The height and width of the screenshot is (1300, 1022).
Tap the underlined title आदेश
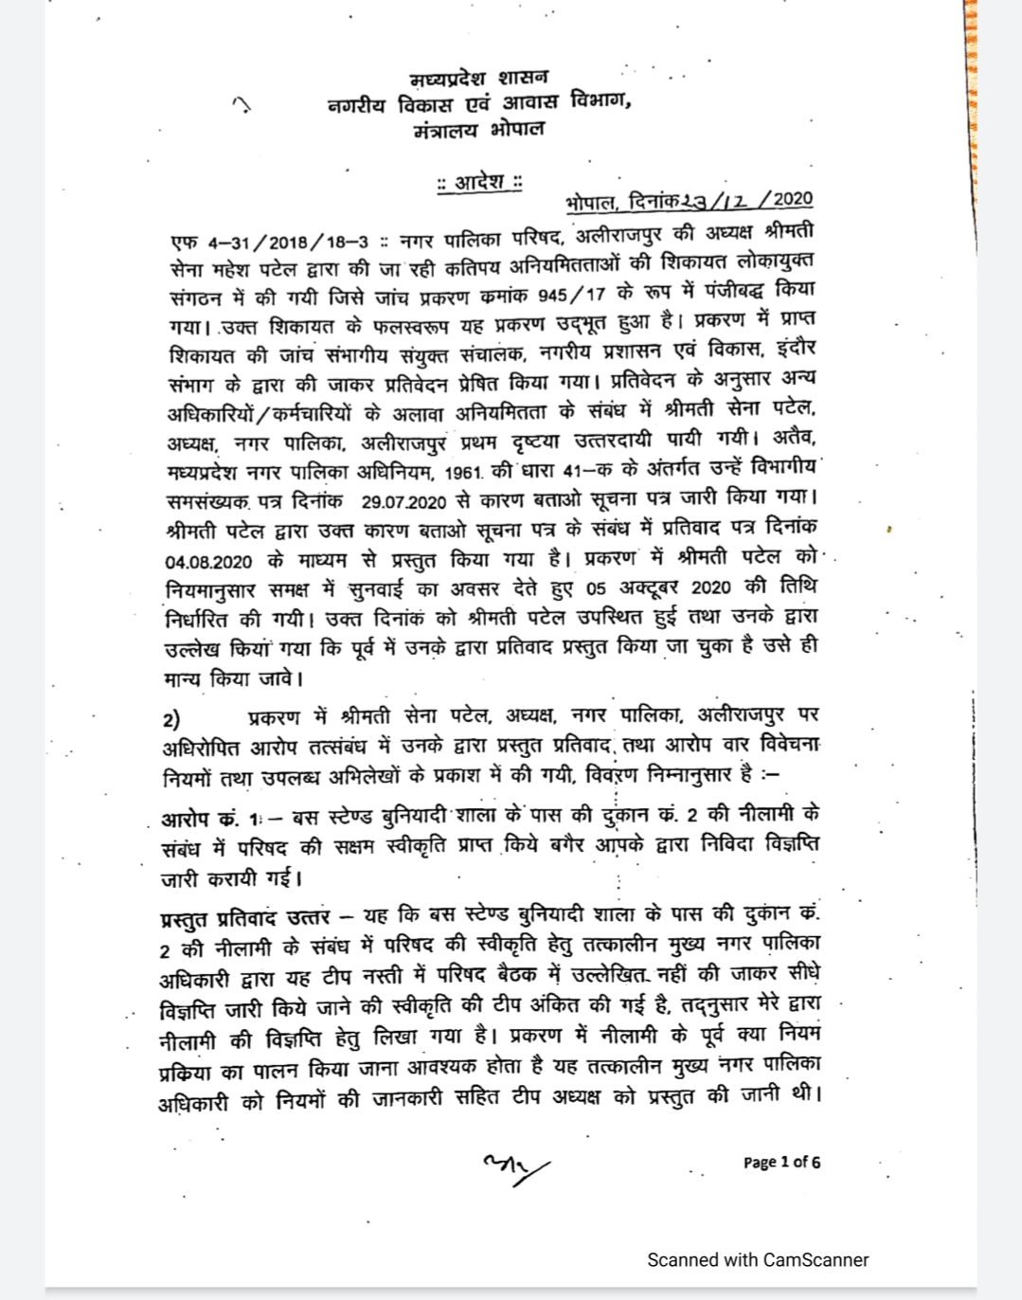pyautogui.click(x=478, y=181)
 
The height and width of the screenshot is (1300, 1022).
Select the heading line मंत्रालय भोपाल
pyautogui.click(x=478, y=130)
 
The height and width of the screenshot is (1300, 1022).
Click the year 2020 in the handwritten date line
pyautogui.click(x=792, y=199)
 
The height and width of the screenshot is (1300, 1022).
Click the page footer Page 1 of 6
pyautogui.click(x=781, y=1162)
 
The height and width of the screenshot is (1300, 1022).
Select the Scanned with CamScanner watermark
pyautogui.click(x=757, y=1259)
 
